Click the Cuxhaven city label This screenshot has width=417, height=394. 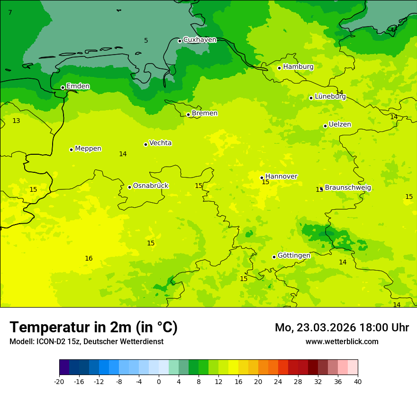point(199,40)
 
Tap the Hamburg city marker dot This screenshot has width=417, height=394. point(280,68)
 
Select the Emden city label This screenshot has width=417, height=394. point(78,86)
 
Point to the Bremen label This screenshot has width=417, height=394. point(204,113)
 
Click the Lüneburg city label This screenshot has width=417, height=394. point(330,96)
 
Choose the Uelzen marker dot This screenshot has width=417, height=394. point(325,126)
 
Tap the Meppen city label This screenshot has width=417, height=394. point(88,149)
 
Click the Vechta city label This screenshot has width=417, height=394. point(160,143)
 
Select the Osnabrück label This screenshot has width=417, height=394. point(150,186)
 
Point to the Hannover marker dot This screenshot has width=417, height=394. point(262,178)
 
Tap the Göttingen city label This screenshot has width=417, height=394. point(294,255)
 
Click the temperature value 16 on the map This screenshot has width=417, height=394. point(89,258)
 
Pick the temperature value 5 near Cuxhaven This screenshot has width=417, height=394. point(146,41)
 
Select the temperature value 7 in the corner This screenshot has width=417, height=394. point(10,12)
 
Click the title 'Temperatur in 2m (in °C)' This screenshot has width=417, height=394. point(93,328)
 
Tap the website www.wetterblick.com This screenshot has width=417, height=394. point(342,342)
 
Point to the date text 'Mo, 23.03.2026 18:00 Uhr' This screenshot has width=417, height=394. point(342,328)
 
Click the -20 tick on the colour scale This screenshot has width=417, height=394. point(59,381)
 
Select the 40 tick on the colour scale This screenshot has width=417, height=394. point(358,381)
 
